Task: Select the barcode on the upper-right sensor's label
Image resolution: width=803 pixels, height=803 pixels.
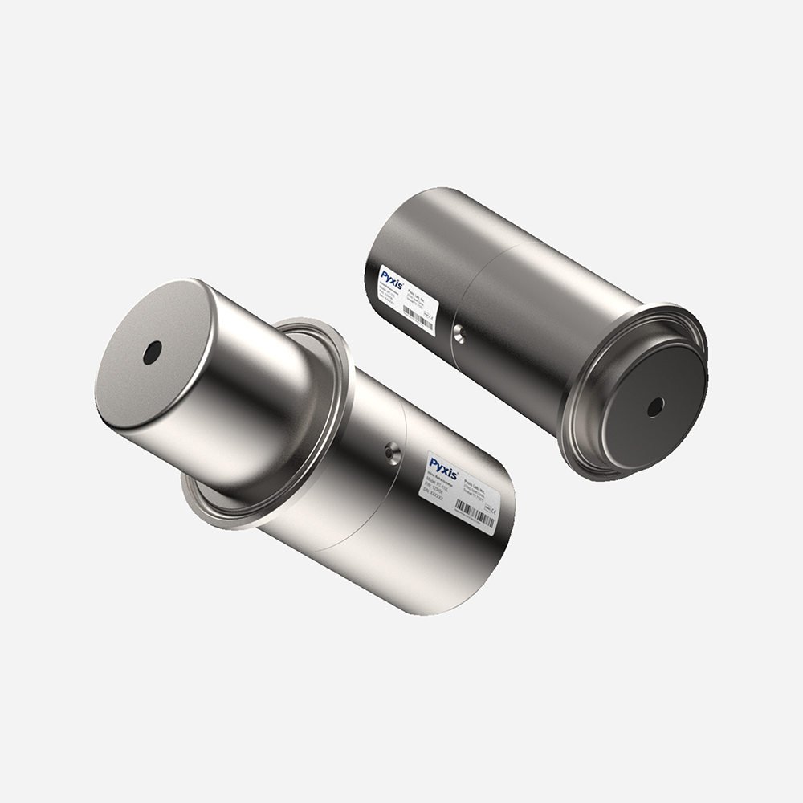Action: click(x=419, y=317)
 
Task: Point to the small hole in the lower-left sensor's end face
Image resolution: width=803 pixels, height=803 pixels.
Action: click(x=152, y=352)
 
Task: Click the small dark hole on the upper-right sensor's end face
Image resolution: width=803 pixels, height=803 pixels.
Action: click(x=655, y=407)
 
